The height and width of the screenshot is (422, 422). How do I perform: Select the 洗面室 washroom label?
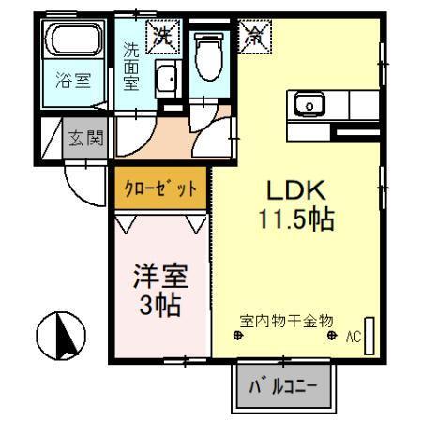coord(130,64)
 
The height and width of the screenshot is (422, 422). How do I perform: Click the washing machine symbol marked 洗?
coord(164,38)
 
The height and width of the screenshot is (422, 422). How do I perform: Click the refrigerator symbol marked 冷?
coord(253,38)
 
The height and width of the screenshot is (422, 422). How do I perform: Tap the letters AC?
coord(354,336)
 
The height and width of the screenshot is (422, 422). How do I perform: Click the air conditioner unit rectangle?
coord(370,335)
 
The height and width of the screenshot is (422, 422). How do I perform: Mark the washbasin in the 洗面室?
coord(167,81)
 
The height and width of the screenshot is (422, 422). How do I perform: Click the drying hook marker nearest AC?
coord(332,336)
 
